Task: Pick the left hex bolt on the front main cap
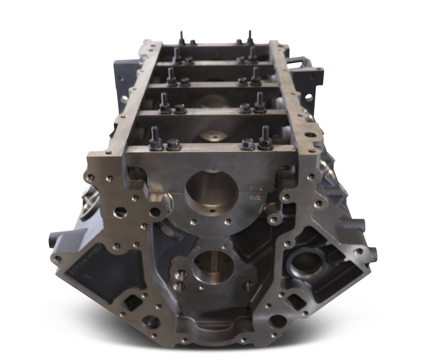click(174, 144)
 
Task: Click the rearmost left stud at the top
click(181, 38)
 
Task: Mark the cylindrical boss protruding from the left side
click(55, 237)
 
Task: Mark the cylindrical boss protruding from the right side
click(360, 224)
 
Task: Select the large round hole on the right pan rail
click(310, 134)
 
